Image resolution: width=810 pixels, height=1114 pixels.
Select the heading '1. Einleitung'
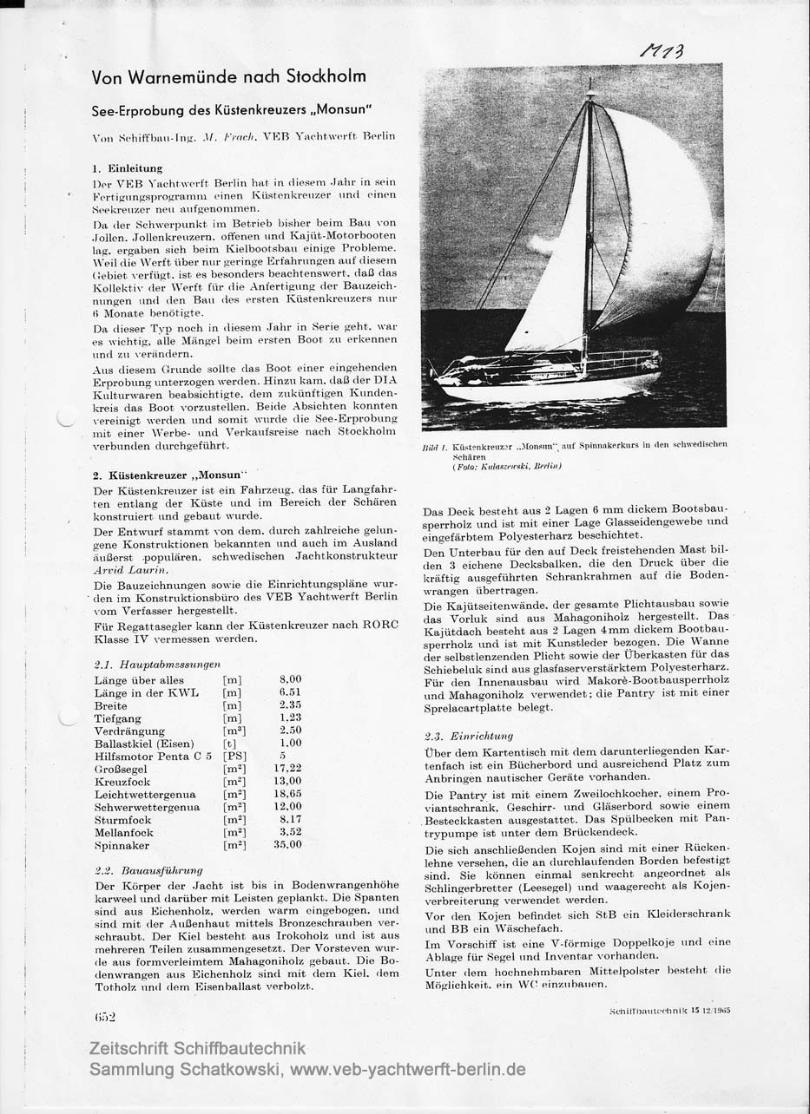point(128,168)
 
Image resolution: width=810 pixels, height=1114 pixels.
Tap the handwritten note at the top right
point(662,51)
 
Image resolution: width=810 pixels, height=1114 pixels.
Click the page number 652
point(105,1016)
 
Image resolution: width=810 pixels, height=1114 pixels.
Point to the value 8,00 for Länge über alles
point(290,679)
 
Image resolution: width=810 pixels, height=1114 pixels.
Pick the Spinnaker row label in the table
point(122,845)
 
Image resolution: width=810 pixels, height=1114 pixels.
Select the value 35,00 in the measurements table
point(287,845)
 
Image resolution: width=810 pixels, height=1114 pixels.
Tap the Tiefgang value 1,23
point(290,718)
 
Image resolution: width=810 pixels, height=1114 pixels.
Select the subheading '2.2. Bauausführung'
point(148,869)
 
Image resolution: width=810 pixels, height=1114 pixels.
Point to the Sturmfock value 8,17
point(290,819)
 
